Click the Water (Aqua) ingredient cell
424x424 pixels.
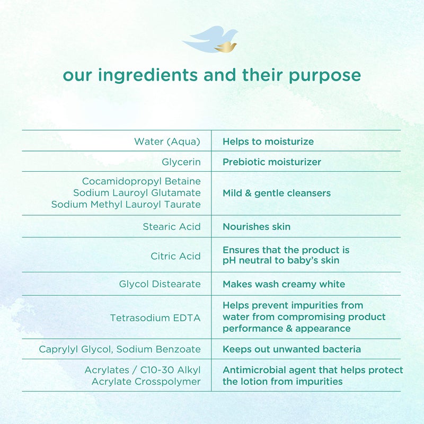[x=167, y=142]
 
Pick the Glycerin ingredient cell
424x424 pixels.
[x=181, y=162]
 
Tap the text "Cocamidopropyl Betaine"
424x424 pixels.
[x=141, y=181]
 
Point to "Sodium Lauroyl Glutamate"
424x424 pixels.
[x=137, y=193]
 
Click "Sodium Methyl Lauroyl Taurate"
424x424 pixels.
[x=126, y=205]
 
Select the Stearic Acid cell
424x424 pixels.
[x=172, y=227]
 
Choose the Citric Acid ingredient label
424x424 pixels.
[x=175, y=257]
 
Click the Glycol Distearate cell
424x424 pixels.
[x=160, y=285]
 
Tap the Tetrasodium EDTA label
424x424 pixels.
[x=155, y=318]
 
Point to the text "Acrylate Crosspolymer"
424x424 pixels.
[x=146, y=382]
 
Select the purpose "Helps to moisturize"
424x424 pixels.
[x=268, y=142]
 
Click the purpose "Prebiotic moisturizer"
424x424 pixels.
[x=272, y=162]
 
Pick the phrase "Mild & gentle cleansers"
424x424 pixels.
[x=277, y=193]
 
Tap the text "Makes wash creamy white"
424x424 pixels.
[x=284, y=285]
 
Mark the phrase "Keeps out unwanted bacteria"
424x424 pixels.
[x=291, y=349]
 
